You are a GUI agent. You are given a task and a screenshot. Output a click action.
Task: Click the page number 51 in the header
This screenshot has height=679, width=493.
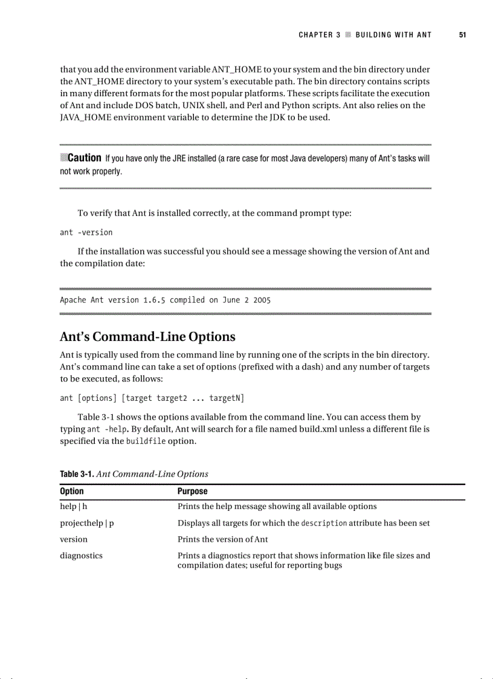click(462, 35)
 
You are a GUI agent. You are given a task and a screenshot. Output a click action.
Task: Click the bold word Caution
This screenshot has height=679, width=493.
click(84, 158)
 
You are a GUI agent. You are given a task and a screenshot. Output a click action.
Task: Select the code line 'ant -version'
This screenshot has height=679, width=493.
click(86, 232)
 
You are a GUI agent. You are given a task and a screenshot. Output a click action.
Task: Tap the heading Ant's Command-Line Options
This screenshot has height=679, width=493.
click(147, 336)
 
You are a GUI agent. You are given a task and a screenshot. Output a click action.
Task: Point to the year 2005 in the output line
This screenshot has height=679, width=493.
click(262, 300)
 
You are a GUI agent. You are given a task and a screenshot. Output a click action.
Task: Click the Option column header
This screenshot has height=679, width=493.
click(72, 492)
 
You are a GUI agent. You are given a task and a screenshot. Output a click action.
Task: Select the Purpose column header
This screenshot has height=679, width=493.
click(192, 492)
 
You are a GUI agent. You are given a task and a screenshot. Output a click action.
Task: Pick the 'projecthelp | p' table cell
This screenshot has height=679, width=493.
click(87, 523)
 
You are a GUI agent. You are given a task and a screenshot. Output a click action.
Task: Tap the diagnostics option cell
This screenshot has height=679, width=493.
click(81, 555)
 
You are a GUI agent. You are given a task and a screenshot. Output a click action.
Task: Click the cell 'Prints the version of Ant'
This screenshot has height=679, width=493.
click(222, 539)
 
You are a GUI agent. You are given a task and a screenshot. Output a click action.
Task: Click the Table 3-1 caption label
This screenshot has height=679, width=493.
click(77, 474)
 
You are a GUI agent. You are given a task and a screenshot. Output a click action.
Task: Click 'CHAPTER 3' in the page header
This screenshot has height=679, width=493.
click(320, 35)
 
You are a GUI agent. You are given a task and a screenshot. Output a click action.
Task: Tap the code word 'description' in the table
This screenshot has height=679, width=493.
click(324, 523)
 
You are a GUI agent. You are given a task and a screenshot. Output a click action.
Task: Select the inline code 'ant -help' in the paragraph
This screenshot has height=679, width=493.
click(107, 429)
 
